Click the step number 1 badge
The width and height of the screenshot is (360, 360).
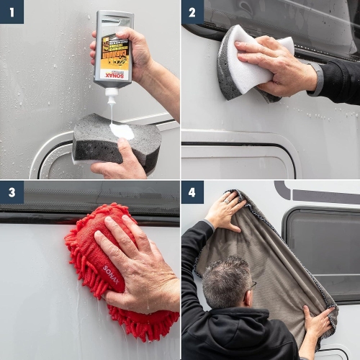pyautogui.click(x=12, y=12)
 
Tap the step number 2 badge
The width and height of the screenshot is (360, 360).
pyautogui.click(x=192, y=12)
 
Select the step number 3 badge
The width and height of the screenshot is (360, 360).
pyautogui.click(x=12, y=192)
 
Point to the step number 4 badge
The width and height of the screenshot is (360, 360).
pyautogui.click(x=192, y=192)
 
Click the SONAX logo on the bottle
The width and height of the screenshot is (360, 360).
pyautogui.click(x=114, y=74)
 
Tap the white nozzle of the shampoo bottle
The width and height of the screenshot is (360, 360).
pyautogui.click(x=111, y=91)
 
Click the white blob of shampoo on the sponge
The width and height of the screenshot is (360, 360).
pyautogui.click(x=122, y=131)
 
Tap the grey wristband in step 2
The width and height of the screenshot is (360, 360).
pyautogui.click(x=318, y=79)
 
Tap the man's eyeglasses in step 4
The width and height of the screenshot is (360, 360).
pyautogui.click(x=252, y=285)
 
